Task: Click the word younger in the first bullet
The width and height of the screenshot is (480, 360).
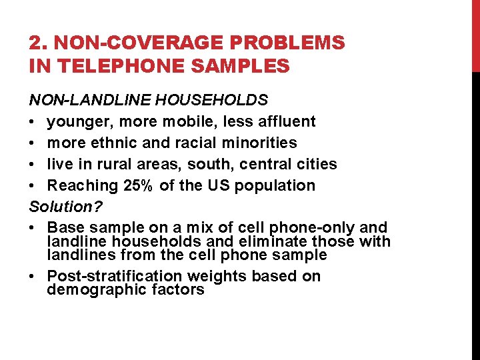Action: click(79, 121)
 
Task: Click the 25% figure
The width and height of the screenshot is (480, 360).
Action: click(137, 185)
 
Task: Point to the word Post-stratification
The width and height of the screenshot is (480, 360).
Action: click(116, 276)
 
